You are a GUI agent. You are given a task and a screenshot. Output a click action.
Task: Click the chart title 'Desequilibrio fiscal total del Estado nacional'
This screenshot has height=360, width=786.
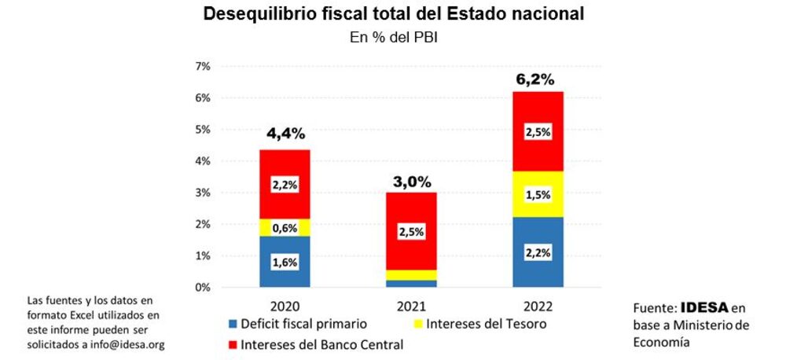(394, 14)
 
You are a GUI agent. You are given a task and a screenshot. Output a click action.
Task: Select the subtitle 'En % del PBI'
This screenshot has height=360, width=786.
(393, 37)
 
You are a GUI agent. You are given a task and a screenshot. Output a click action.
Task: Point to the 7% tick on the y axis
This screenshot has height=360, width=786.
(202, 67)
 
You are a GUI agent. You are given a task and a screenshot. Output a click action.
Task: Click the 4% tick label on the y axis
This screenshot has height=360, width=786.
(202, 161)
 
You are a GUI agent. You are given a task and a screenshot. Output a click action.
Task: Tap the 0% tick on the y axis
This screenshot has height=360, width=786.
(202, 288)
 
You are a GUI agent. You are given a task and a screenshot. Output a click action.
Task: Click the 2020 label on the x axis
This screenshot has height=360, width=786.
(284, 306)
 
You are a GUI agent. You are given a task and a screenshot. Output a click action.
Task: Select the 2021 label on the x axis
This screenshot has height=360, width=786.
(411, 306)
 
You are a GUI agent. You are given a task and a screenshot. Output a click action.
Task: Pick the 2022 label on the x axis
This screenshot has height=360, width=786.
(538, 306)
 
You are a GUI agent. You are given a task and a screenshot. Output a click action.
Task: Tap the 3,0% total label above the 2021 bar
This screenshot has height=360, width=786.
(411, 182)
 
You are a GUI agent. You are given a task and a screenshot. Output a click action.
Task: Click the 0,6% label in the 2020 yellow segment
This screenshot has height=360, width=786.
(284, 228)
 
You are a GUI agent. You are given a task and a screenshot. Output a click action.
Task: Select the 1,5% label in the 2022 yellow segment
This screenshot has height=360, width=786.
(538, 195)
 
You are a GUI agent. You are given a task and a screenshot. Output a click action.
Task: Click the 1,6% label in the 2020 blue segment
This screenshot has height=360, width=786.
(284, 263)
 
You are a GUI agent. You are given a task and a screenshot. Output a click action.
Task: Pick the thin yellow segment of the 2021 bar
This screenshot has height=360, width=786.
(411, 275)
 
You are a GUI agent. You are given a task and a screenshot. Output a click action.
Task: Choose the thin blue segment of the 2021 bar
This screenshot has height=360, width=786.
(411, 284)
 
